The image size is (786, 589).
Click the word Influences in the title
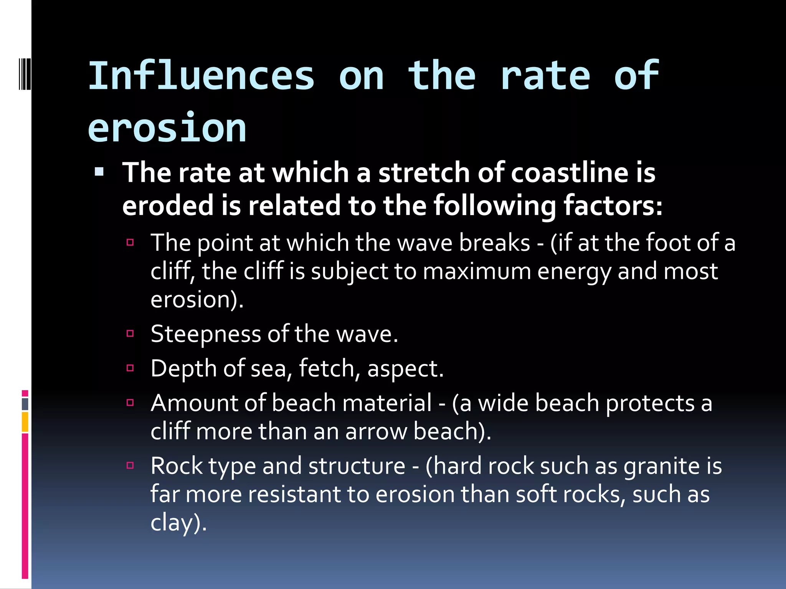pos(201,76)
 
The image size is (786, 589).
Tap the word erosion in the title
pos(167,128)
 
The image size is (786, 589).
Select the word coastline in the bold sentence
pos(570,172)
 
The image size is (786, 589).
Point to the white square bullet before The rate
pos(99,171)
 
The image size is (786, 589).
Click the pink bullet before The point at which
pos(130,242)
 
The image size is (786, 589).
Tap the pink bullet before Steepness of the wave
pos(130,333)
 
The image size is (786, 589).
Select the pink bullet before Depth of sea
pos(130,368)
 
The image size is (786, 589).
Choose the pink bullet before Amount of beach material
pos(130,403)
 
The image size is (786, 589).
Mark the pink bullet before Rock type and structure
pos(130,466)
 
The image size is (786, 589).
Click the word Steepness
pos(206,334)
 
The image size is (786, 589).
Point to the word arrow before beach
pos(376,432)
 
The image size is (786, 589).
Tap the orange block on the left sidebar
pos(25,422)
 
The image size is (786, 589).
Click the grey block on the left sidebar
pos(25,404)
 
